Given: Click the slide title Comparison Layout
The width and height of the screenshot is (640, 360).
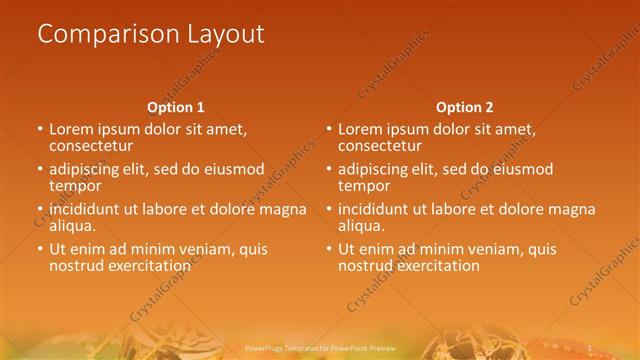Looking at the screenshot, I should pos(150,34).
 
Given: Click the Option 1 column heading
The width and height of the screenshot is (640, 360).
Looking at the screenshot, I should pos(176,107).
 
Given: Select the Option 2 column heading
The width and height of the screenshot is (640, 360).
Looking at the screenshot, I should pos(464,107).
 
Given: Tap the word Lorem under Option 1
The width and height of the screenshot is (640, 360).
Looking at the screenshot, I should pos(72,129).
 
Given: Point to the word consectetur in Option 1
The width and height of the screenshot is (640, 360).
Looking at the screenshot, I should pos(91,145).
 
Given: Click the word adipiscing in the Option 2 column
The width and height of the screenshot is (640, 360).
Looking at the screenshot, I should pos(377,169).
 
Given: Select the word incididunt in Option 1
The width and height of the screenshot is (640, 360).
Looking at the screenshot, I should pos(91,209).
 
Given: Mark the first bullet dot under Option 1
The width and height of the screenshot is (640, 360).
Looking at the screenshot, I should pos(40,130).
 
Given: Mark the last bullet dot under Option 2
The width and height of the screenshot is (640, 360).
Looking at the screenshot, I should pos(328,250).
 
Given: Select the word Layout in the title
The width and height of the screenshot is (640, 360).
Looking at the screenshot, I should pos(226,34).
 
